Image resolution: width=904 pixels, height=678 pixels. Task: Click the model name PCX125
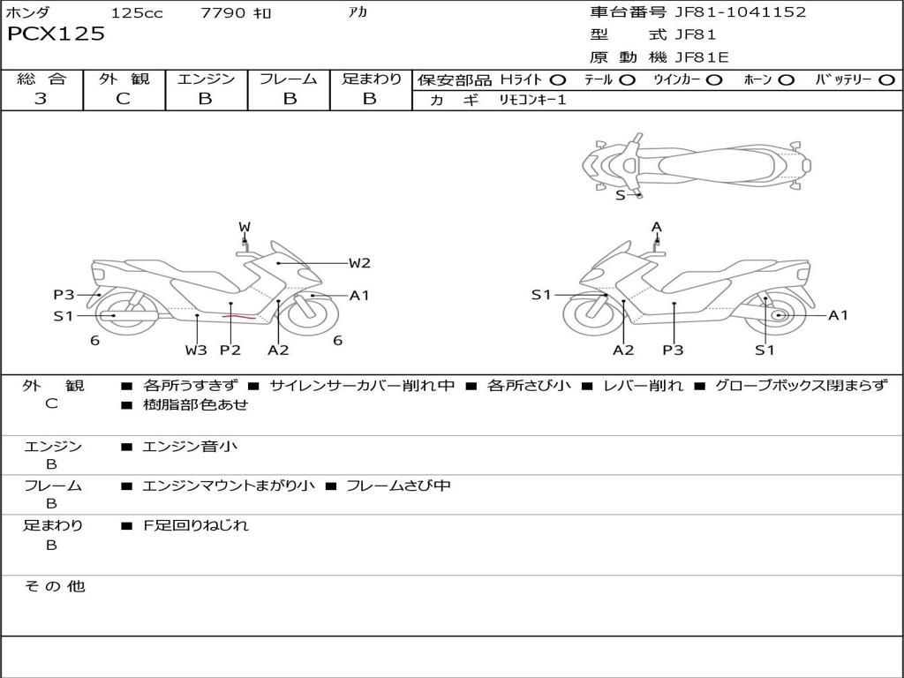56,34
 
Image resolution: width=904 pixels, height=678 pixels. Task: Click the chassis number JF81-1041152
741,11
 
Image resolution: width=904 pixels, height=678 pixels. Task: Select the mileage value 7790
222,12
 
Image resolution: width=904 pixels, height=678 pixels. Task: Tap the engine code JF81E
702,57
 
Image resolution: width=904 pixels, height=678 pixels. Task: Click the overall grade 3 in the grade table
41,99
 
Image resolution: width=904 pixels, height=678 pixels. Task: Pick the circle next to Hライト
558,79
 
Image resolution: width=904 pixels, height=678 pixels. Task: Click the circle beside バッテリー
886,79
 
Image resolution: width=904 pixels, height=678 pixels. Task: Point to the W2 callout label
359,263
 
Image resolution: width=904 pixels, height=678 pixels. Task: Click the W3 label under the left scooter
196,350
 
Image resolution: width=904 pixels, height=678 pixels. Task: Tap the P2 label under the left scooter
230,350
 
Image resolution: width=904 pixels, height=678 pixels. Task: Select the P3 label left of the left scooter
64,295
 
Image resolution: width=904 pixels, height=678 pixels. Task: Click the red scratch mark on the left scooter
238,316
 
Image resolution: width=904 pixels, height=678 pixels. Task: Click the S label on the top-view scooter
621,195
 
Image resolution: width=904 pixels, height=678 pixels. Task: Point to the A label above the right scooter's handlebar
657,227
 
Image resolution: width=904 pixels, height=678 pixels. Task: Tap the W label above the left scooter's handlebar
245,227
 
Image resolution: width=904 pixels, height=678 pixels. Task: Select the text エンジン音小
190,446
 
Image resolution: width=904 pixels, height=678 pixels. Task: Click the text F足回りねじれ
196,525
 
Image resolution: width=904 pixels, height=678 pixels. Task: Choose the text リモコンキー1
532,100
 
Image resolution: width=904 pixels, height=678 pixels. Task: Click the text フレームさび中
398,486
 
